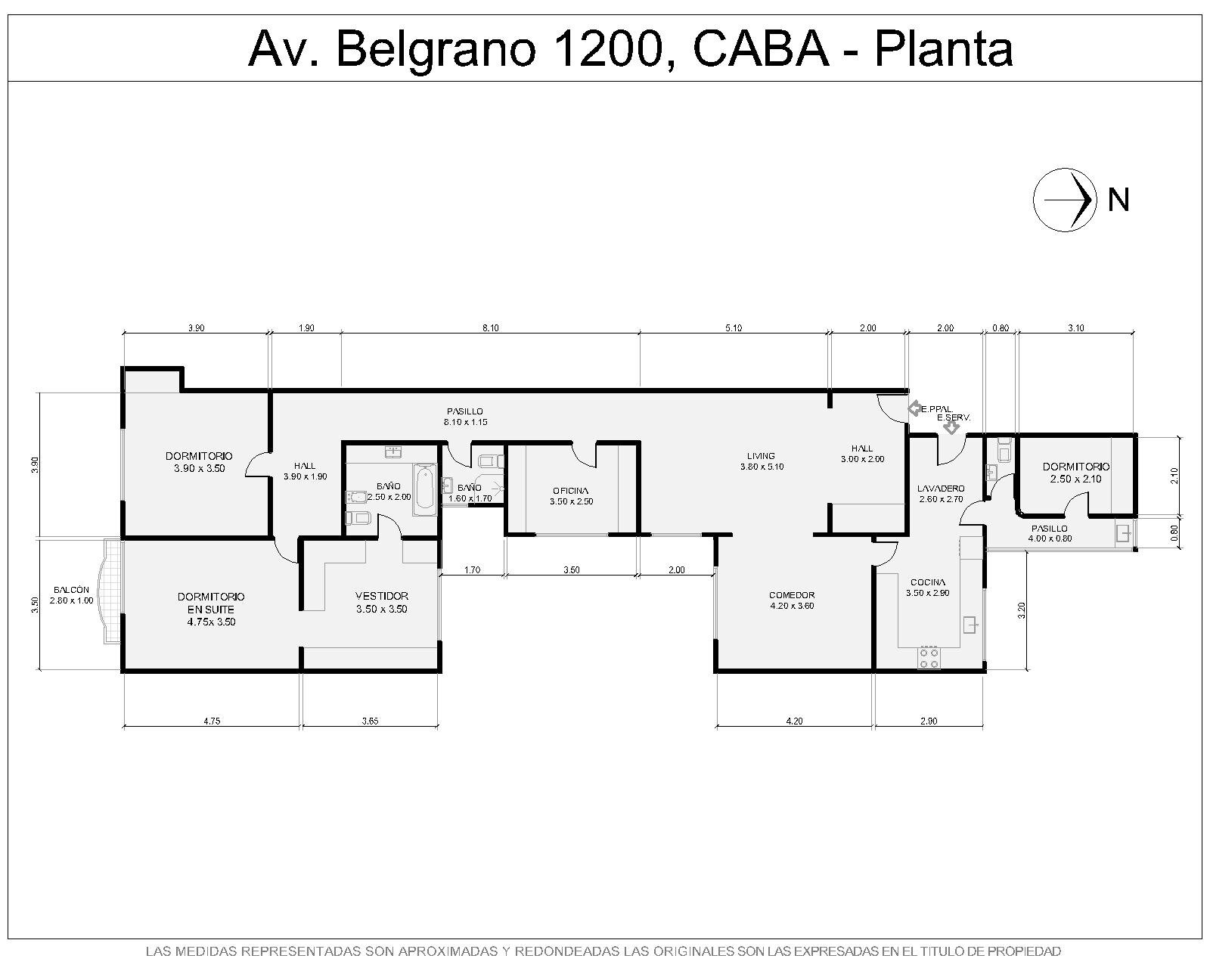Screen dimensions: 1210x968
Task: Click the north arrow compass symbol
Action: [1064, 200]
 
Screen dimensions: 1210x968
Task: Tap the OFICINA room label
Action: [571, 491]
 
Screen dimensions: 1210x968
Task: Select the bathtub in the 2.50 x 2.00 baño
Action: [424, 489]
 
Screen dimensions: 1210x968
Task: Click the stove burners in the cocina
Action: [929, 658]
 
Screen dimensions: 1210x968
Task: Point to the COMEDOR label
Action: [792, 594]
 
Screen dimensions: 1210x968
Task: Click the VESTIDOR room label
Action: [382, 596]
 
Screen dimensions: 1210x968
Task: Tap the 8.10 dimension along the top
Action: [490, 328]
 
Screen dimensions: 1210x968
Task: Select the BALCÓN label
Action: [71, 589]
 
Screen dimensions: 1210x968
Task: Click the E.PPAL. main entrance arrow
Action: [914, 408]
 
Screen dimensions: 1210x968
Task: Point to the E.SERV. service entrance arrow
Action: [951, 428]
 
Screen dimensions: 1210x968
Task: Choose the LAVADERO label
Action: [941, 489]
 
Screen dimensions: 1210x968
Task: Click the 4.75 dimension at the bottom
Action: [212, 721]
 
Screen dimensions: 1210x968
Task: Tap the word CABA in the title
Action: [762, 49]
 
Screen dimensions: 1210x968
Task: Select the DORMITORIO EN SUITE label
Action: [211, 603]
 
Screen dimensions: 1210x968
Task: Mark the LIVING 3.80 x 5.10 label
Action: [762, 461]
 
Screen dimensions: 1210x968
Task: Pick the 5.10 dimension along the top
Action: [734, 328]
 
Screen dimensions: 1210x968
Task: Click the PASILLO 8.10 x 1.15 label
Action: [465, 416]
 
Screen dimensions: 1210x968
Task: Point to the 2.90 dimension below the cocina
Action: [929, 721]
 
